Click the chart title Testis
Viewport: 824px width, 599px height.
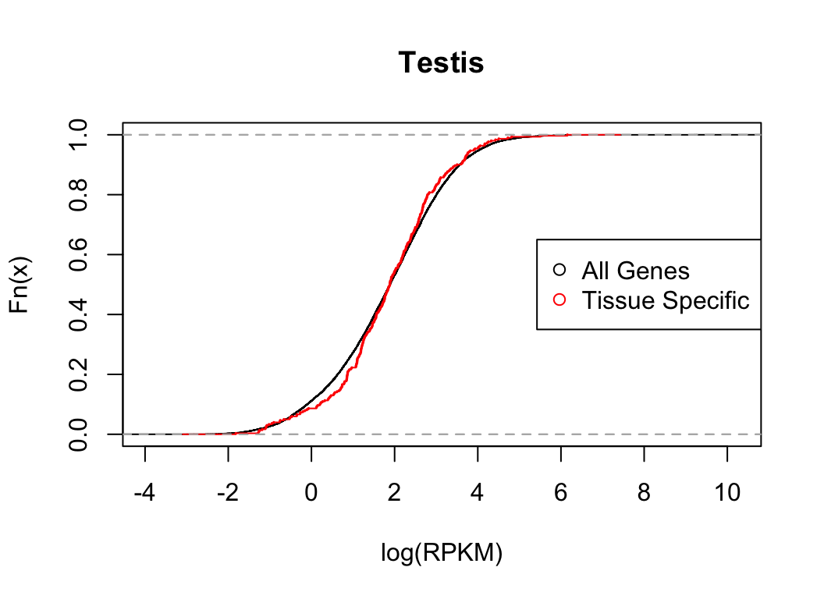click(x=441, y=63)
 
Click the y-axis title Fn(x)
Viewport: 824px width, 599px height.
click(x=20, y=285)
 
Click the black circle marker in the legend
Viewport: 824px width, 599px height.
click(x=559, y=270)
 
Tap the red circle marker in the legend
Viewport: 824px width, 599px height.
click(x=559, y=299)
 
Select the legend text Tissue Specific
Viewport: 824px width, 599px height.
click(x=666, y=300)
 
